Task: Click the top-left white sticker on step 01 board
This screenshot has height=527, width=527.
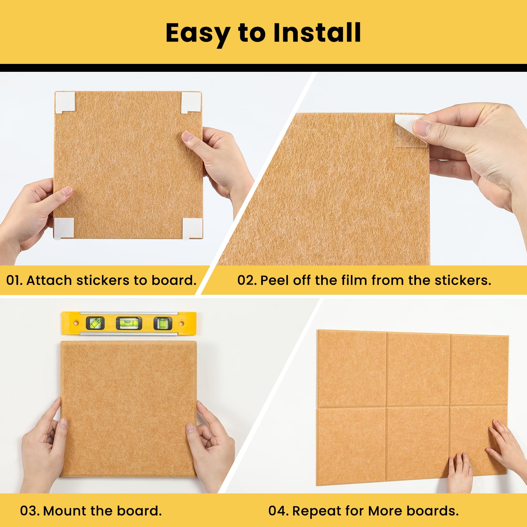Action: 65,102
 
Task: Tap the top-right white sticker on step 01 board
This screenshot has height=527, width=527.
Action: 191,102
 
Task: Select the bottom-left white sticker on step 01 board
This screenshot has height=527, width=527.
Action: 64,228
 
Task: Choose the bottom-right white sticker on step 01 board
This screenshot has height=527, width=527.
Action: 192,228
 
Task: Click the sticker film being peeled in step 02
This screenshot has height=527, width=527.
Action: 411,130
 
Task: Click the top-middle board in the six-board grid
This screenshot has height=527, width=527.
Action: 418,369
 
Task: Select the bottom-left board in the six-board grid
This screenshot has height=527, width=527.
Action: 351,446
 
